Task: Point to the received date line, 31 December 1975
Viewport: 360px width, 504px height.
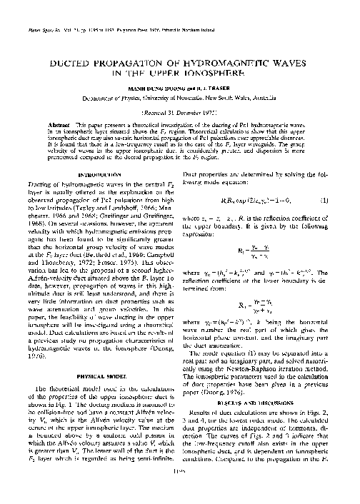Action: (x=180, y=112)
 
